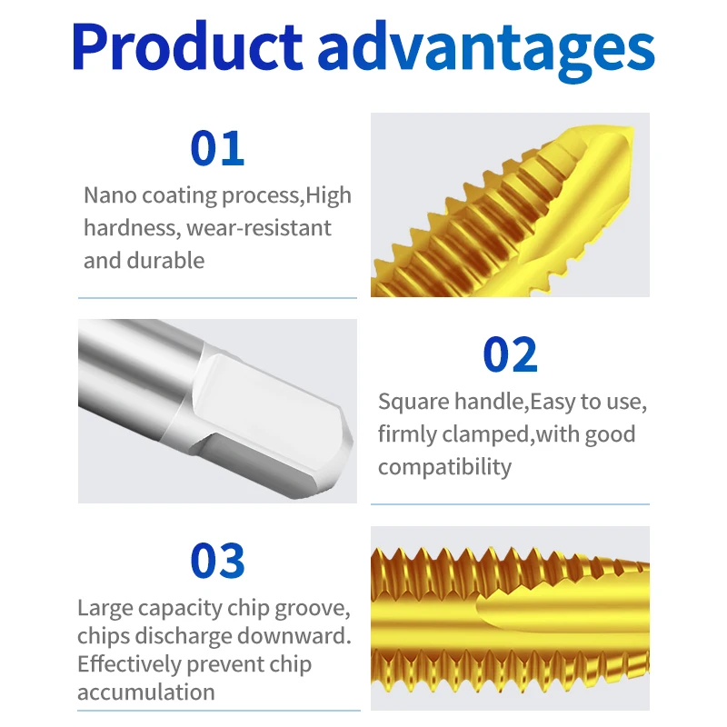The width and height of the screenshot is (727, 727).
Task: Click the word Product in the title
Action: coord(187,46)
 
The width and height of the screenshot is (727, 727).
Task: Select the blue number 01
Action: coord(217,148)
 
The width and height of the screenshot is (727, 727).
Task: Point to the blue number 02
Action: coord(510,354)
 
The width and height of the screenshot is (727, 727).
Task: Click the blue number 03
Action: coord(217,561)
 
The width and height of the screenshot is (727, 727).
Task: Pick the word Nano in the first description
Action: coord(110,195)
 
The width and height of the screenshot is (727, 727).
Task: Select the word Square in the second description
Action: coord(413,402)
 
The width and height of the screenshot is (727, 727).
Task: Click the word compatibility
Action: coord(444,467)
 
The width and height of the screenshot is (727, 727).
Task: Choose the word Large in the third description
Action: coord(105,608)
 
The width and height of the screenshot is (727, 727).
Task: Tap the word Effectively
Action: coord(129,664)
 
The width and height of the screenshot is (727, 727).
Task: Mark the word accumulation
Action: coord(146,692)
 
